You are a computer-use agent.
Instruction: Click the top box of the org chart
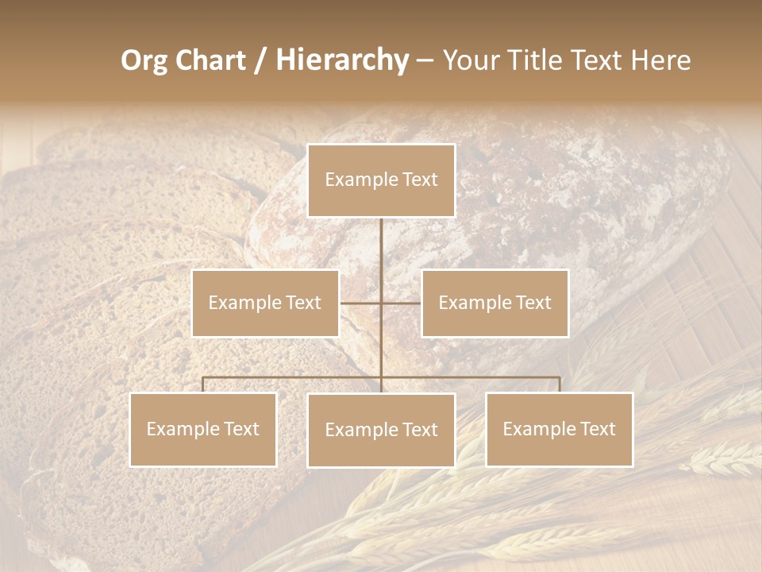(381, 180)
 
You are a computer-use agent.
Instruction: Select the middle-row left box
(265, 303)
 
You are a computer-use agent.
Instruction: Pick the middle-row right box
(495, 303)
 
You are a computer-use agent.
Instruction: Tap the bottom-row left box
(203, 429)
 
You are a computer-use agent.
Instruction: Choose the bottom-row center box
(381, 430)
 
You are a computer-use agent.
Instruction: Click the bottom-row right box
(559, 429)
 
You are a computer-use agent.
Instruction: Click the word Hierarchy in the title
(342, 60)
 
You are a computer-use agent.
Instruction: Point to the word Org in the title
(144, 60)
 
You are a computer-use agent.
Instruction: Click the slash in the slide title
(260, 61)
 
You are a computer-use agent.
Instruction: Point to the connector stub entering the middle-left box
(359, 303)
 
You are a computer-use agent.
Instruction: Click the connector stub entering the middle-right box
(402, 303)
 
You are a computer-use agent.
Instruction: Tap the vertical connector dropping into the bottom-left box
(203, 385)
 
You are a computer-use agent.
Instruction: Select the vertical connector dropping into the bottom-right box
(560, 385)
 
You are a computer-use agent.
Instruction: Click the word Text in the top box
(419, 180)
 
